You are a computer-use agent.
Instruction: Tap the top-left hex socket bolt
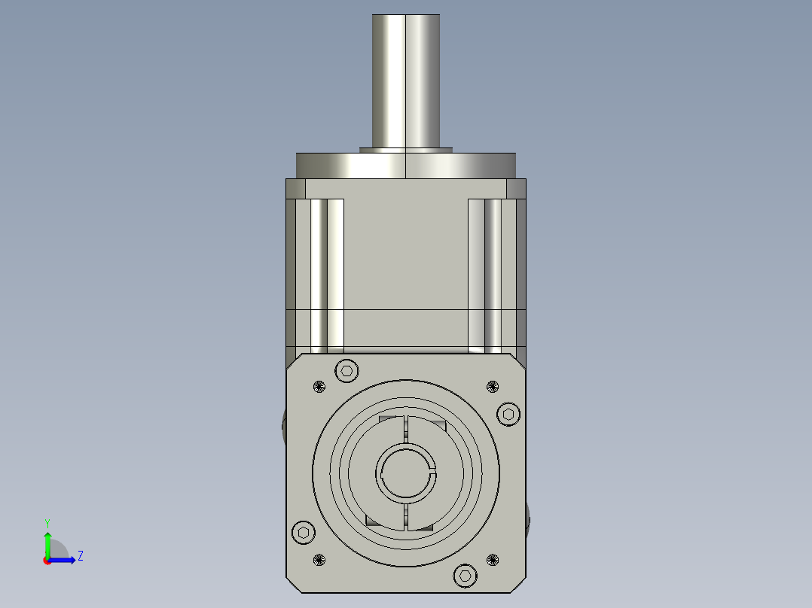pyautogui.click(x=346, y=370)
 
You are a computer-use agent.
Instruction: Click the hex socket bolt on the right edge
pyautogui.click(x=508, y=414)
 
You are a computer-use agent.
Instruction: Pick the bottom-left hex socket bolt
pyautogui.click(x=303, y=533)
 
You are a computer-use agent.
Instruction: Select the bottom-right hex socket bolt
pyautogui.click(x=466, y=576)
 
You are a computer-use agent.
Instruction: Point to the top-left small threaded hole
pyautogui.click(x=319, y=387)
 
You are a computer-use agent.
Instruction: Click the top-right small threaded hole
pyautogui.click(x=493, y=387)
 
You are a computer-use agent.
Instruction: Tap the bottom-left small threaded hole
pyautogui.click(x=319, y=560)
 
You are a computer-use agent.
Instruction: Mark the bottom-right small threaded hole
pyautogui.click(x=493, y=560)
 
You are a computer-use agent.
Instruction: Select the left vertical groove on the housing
pyautogui.click(x=327, y=275)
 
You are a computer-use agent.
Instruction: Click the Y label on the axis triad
pyautogui.click(x=47, y=522)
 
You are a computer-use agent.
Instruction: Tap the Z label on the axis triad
pyautogui.click(x=80, y=556)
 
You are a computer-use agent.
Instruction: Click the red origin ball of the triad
pyautogui.click(x=47, y=561)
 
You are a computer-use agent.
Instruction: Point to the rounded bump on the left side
pyautogui.click(x=284, y=427)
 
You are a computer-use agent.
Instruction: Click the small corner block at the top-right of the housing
pyautogui.click(x=516, y=187)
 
